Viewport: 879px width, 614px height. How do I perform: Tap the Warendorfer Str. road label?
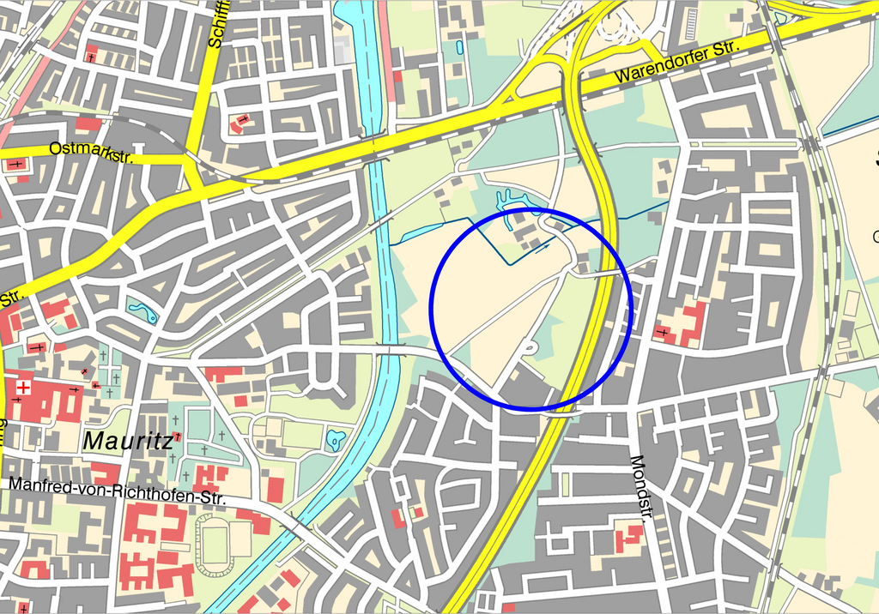coord(676,62)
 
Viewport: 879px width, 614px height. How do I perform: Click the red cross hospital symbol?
coord(23,388)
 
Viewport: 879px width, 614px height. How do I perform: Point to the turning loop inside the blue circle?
coord(531,348)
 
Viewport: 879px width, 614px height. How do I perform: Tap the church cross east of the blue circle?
coord(662,332)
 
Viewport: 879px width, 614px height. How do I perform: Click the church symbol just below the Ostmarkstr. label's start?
coord(16,163)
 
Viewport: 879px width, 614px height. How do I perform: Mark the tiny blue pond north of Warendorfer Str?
coord(458,47)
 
